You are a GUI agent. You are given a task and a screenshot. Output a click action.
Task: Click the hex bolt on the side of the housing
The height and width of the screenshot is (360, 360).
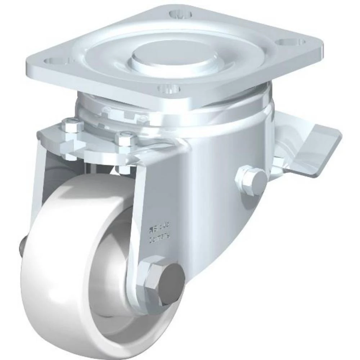tap(251, 179)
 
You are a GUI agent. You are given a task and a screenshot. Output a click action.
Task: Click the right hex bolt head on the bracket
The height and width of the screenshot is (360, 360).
tap(126, 139)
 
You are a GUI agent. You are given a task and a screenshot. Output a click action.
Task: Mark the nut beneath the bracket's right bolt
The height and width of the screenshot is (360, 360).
tap(124, 168)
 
